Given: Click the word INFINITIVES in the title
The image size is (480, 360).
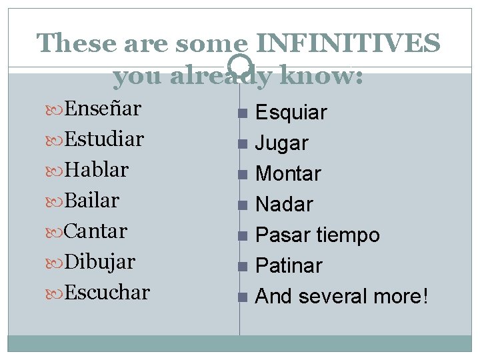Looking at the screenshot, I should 348,43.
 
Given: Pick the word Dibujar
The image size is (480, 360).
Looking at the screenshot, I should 99,261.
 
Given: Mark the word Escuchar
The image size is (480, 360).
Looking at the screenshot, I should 107,292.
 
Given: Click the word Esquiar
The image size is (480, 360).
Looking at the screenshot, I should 291,113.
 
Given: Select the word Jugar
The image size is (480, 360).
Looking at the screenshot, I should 282,143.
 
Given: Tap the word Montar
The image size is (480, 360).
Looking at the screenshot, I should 288,174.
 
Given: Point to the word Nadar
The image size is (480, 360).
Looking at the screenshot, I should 284,205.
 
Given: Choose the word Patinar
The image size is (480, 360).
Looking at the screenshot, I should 289,266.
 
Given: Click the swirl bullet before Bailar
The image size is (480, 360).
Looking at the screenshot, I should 56,201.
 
